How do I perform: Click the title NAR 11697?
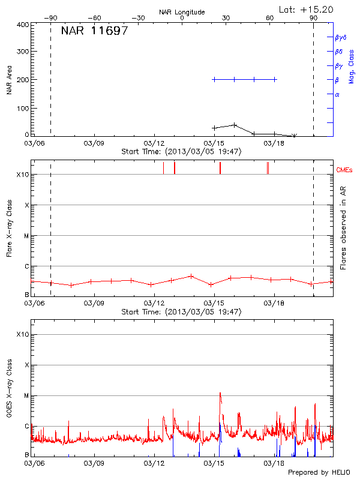click(94, 31)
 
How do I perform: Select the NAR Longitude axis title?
click(182, 12)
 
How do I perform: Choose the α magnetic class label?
click(337, 94)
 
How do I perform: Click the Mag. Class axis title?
click(351, 66)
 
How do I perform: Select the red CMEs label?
click(345, 169)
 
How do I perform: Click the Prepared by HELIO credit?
click(318, 472)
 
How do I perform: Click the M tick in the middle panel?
click(26, 236)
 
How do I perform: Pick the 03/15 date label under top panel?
click(214, 143)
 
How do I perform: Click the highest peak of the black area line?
click(235, 125)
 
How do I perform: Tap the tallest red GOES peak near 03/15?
click(220, 394)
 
